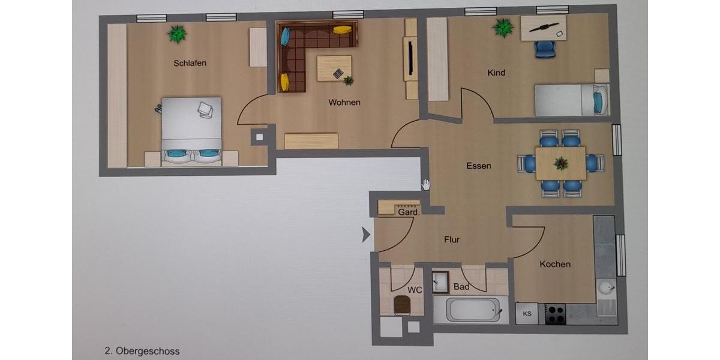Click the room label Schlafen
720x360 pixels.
190,63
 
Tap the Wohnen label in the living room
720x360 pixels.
344,103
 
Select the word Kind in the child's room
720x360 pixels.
496,73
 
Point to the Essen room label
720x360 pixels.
479,166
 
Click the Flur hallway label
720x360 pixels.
452,239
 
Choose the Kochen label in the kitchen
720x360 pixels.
555,264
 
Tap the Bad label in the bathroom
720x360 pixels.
461,287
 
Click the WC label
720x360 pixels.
415,290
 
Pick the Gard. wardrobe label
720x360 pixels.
408,212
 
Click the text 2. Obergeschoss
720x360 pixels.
142,351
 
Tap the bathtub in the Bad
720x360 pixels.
472,310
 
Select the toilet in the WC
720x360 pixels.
402,305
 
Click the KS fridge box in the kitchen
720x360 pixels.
527,314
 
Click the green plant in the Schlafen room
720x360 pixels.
177,34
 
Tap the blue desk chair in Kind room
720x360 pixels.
545,49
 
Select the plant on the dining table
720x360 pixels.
561,163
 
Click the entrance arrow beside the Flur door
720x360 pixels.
366,235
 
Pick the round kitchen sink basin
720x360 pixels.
605,289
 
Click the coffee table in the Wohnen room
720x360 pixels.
334,68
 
